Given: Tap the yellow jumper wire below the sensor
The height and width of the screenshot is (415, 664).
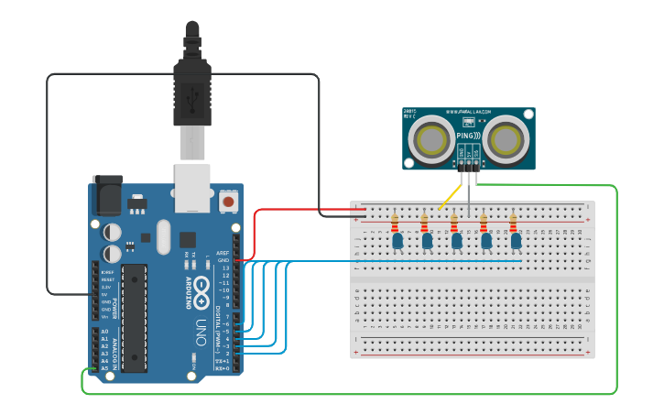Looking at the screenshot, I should click(450, 197).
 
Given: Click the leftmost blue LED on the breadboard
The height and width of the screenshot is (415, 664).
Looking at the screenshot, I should click(397, 240).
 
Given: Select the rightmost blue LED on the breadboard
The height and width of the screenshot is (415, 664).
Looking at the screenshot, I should click(517, 240).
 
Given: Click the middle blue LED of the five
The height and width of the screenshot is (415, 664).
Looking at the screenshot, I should click(457, 240).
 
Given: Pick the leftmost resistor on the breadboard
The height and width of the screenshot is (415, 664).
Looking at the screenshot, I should click(395, 223).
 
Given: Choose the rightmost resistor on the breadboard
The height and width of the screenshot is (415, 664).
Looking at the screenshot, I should click(513, 223).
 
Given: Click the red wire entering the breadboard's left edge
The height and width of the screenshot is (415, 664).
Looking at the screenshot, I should click(302, 210).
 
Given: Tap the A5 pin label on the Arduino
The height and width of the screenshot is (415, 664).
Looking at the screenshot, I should click(103, 368).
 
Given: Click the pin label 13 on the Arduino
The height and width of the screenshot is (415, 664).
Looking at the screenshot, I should click(225, 268).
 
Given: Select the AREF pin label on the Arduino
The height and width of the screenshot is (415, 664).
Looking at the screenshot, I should click(223, 253).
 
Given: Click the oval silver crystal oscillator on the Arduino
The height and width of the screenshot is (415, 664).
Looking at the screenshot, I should click(164, 236).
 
